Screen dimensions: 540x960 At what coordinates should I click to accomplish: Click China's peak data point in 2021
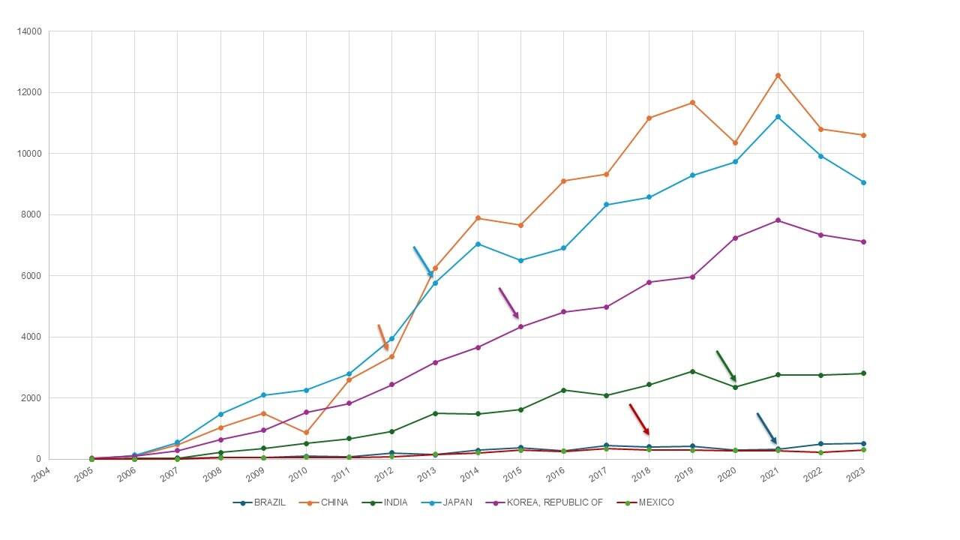click(778, 76)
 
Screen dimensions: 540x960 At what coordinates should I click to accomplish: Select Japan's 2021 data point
click(778, 117)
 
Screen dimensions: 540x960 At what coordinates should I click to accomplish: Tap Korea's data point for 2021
click(778, 220)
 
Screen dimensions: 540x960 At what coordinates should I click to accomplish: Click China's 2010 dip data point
click(306, 433)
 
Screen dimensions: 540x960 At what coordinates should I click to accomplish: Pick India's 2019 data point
click(692, 371)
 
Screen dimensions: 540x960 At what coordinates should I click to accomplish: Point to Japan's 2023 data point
click(863, 182)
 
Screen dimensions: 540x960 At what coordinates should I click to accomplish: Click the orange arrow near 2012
click(382, 337)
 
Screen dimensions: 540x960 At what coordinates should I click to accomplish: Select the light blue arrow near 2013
click(423, 262)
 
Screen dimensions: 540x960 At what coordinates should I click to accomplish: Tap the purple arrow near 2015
click(508, 303)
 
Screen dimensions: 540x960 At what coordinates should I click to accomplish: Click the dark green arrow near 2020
click(726, 366)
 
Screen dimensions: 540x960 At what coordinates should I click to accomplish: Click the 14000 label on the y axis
click(29, 31)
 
